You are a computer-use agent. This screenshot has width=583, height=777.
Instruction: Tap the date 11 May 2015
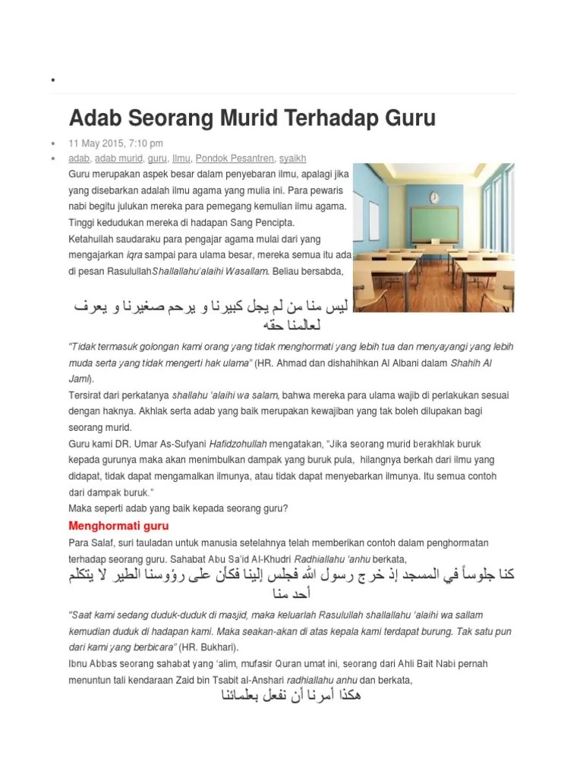coord(96,143)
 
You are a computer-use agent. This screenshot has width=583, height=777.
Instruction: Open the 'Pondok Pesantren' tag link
coord(235,159)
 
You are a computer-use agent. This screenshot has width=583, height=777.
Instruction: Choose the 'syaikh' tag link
coord(292,159)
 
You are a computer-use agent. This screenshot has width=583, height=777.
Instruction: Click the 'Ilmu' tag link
coord(181,159)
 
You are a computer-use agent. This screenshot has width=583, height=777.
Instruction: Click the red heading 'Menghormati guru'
coord(118,526)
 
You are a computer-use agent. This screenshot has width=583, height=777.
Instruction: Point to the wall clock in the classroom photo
coord(434,198)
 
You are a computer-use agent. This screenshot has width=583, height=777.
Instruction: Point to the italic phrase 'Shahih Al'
coord(471,363)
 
